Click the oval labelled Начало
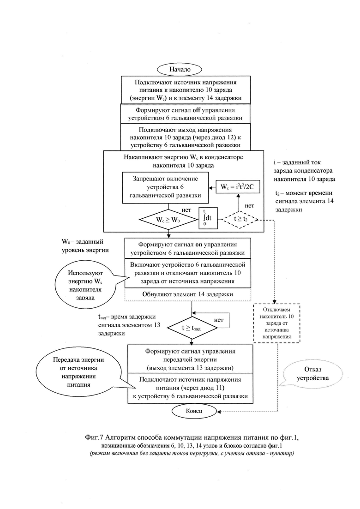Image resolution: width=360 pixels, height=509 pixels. coord(180,69)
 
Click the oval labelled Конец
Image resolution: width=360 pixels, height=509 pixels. coord(194,411)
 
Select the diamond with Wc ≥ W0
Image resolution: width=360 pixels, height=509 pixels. coord(168,220)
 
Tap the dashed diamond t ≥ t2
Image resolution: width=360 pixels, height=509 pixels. coord(240,219)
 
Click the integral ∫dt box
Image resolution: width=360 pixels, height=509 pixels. coord(208,218)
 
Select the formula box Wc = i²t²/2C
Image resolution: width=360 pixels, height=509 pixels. coord(238,187)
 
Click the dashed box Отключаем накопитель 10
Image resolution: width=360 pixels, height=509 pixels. coord(276,323)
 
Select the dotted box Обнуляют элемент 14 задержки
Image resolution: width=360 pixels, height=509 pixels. coord(188,295)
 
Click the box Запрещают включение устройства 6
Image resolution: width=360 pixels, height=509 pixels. coord(165,187)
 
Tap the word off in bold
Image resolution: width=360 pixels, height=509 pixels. coord(197,110)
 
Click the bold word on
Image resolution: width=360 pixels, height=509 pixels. coord(199,245)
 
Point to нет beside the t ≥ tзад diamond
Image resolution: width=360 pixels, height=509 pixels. coord(219,320)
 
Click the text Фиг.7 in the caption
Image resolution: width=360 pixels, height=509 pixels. coord(95,437)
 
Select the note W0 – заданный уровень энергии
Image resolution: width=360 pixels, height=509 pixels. coord(85,246)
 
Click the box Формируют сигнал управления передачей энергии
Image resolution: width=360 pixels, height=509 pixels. coord(190,359)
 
